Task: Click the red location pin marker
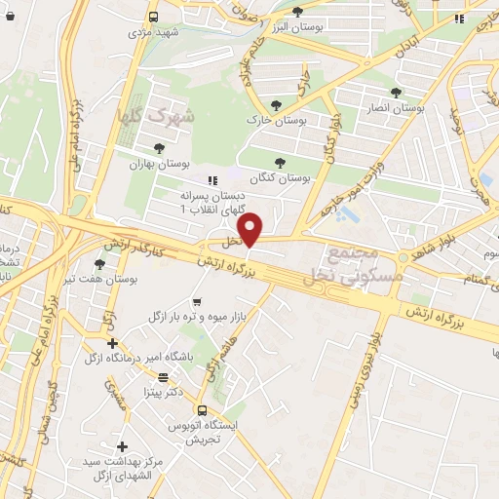point(251,229)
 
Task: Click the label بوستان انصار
point(395,107)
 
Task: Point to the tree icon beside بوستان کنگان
point(281,162)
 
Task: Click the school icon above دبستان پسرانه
point(211,179)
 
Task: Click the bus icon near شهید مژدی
point(153,17)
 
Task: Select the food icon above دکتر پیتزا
point(163,377)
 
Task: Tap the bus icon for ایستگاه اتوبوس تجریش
point(202,410)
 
